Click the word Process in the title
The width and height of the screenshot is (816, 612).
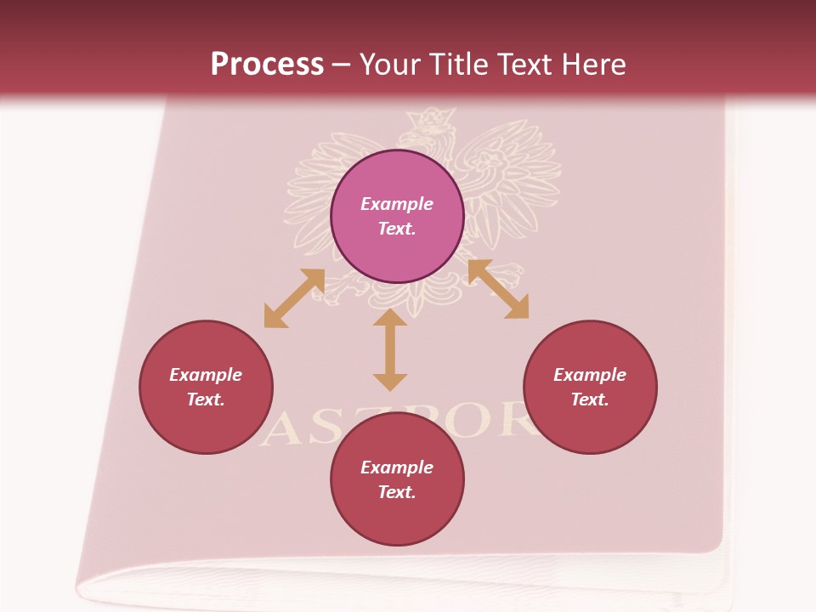(267, 64)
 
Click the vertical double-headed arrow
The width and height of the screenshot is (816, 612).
(390, 349)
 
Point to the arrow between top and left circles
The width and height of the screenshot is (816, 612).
(294, 297)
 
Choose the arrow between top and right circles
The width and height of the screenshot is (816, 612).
(498, 289)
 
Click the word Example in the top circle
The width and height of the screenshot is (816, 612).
(397, 204)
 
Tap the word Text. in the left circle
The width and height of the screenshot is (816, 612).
(206, 399)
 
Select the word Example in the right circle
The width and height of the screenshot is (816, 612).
(590, 375)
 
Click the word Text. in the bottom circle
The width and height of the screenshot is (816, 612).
(397, 492)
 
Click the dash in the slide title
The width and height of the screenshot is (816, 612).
(341, 65)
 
